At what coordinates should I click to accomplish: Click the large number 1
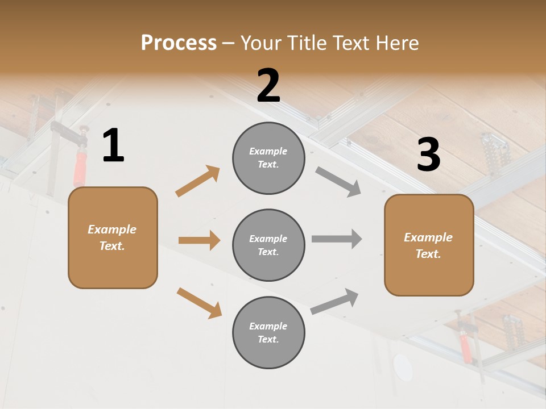tap(113, 147)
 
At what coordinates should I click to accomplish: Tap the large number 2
tap(268, 86)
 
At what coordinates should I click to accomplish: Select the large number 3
tap(428, 156)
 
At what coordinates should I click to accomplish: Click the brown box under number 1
tap(113, 237)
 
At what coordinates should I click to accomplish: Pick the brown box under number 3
tap(429, 245)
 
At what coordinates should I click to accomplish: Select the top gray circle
tap(268, 158)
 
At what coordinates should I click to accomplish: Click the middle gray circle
tap(268, 245)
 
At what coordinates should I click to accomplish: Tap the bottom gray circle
tap(268, 332)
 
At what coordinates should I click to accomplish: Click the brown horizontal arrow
tap(199, 240)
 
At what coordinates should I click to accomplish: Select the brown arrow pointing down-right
tap(199, 303)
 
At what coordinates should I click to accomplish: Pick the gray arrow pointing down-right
tap(338, 182)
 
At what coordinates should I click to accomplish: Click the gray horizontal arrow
tap(337, 239)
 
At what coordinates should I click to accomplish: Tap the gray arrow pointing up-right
tap(334, 301)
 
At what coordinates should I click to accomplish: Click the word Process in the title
tap(179, 43)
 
